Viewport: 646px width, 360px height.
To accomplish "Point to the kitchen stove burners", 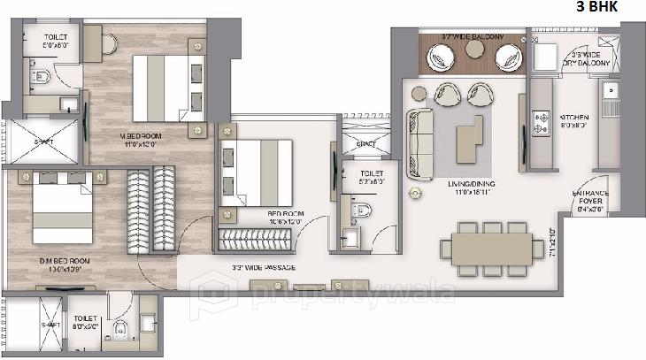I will [x=539, y=119].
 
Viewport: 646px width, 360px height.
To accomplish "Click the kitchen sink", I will [x=609, y=90].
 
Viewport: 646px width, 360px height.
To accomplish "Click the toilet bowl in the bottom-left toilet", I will [x=120, y=332].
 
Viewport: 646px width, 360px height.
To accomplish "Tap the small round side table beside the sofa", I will [x=412, y=192].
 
